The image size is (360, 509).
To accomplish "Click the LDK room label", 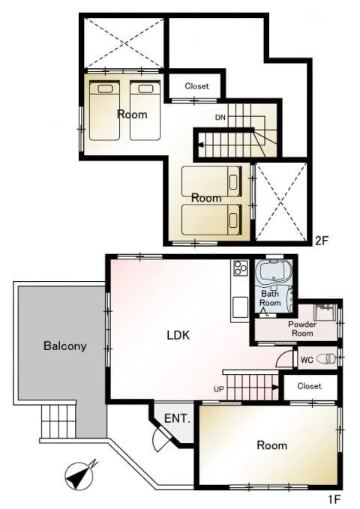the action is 178,335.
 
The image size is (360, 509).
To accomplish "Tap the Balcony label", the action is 65,346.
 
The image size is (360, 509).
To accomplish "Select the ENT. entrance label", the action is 177,418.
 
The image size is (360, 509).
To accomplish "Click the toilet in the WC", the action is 326,359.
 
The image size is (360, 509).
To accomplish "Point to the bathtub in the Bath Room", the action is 274,274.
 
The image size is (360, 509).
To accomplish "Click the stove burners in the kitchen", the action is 241,268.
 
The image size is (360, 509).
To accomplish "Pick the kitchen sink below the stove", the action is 240,307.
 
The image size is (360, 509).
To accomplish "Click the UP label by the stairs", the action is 219,388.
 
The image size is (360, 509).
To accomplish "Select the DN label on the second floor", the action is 220,118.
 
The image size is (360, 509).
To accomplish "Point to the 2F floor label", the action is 322,241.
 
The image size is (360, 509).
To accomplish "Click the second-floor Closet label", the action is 196,86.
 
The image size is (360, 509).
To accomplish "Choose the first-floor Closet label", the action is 309,386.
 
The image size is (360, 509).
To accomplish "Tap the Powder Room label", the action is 302,328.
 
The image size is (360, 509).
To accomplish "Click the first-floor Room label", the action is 272,445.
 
